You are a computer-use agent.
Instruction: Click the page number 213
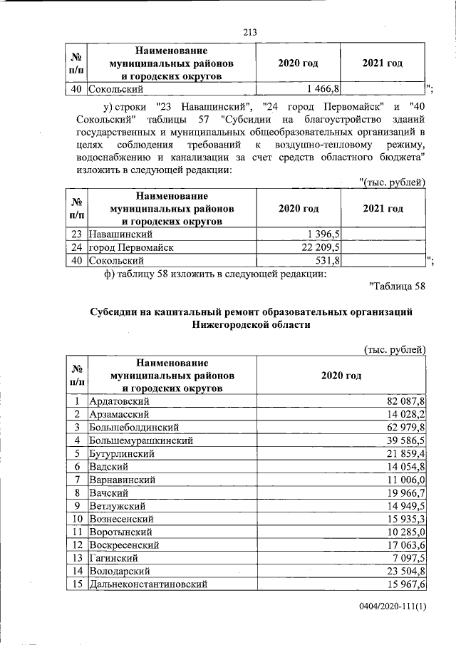[x=249, y=32]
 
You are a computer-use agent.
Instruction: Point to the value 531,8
[x=328, y=261]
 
